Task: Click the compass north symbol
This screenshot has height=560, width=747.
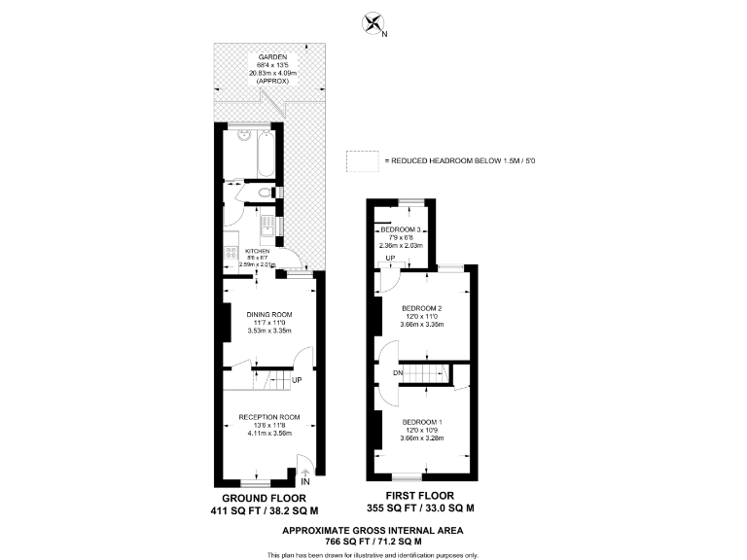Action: pyautogui.click(x=373, y=24)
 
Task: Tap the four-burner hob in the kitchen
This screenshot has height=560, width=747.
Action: pyautogui.click(x=230, y=257)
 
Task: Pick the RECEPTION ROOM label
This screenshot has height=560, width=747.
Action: pyautogui.click(x=269, y=417)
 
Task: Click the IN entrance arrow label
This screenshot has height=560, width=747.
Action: pyautogui.click(x=304, y=480)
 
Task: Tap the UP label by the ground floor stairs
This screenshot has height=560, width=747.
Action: pyautogui.click(x=297, y=378)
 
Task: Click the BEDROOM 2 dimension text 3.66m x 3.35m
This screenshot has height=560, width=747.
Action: pyautogui.click(x=423, y=325)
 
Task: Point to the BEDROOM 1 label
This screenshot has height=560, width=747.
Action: pyautogui.click(x=423, y=421)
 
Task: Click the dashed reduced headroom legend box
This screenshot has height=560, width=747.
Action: pyautogui.click(x=361, y=160)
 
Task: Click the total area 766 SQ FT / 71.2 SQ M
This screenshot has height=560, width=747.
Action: pyautogui.click(x=372, y=541)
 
